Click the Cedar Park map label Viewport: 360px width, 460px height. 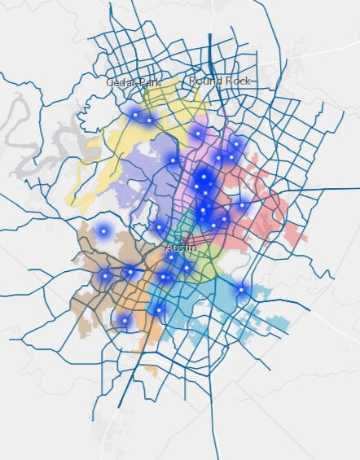coord(134,82)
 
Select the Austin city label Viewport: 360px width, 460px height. coord(180,246)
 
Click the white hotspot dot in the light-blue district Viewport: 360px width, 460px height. coord(241,289)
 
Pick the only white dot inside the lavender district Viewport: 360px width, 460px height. coord(173,160)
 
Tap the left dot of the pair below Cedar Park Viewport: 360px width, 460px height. coord(135,115)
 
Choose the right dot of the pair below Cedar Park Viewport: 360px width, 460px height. coord(149,120)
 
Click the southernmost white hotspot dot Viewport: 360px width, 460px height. coord(125,321)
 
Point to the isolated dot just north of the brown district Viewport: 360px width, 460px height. coord(103,232)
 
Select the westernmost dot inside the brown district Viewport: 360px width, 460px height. coord(105,276)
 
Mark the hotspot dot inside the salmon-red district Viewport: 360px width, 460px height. coord(242,205)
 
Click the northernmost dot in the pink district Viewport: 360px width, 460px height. coord(198,133)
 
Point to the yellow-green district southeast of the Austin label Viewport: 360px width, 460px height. coord(208,261)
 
